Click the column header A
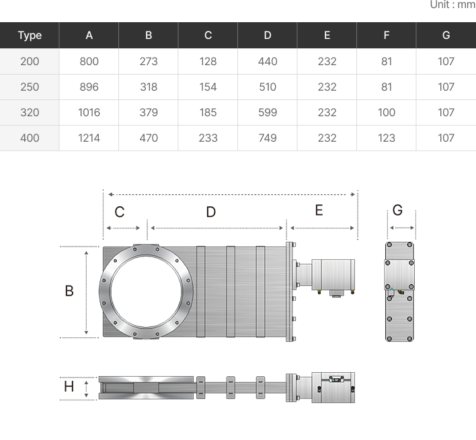pyautogui.click(x=89, y=35)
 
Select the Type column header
pyautogui.click(x=30, y=36)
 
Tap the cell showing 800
pyautogui.click(x=89, y=62)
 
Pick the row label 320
pyautogui.click(x=30, y=112)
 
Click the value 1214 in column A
pyautogui.click(x=89, y=138)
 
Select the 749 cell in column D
pyautogui.click(x=268, y=138)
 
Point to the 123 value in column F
pyautogui.click(x=387, y=138)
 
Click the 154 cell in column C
pyautogui.click(x=208, y=87)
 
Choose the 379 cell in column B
pyautogui.click(x=149, y=112)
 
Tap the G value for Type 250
pyautogui.click(x=446, y=87)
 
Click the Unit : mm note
pyautogui.click(x=453, y=5)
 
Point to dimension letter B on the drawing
pyautogui.click(x=69, y=291)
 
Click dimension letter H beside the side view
pyautogui.click(x=69, y=387)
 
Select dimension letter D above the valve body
pyautogui.click(x=211, y=212)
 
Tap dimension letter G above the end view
pyautogui.click(x=398, y=210)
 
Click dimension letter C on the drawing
pyautogui.click(x=119, y=212)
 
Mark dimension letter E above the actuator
pyautogui.click(x=319, y=210)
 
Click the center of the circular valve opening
pyautogui.click(x=146, y=292)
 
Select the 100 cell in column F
pyautogui.click(x=387, y=112)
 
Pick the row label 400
pyautogui.click(x=30, y=138)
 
